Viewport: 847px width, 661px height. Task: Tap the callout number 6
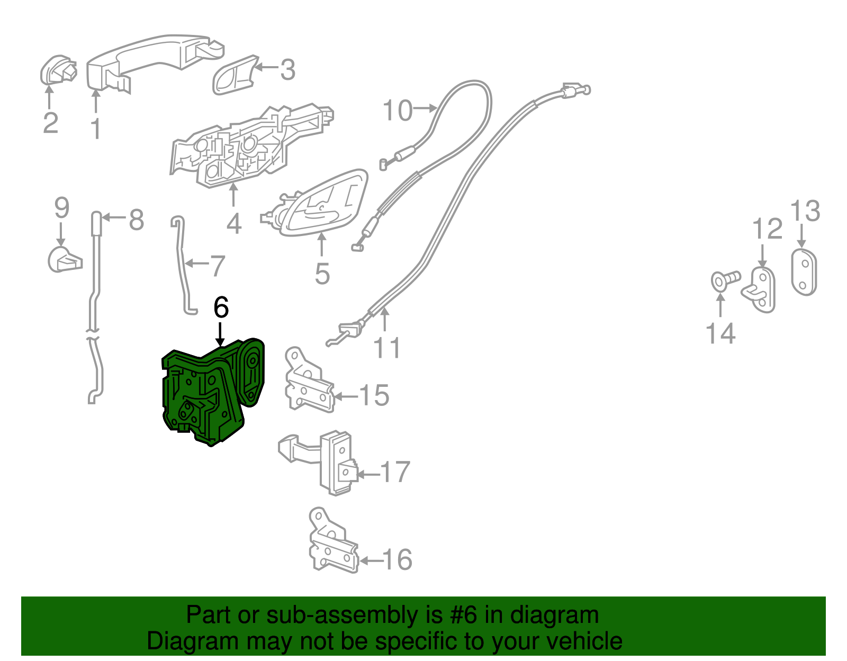(221, 307)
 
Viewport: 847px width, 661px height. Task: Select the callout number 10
(397, 111)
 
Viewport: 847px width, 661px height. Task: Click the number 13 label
(805, 211)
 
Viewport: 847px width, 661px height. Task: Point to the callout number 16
(397, 559)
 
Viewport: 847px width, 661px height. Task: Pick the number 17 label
(395, 472)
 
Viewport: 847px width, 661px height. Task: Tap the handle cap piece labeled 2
(57, 70)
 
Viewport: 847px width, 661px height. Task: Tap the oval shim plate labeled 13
(804, 272)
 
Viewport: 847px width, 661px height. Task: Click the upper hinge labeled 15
(307, 384)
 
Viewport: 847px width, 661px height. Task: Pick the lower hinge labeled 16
(331, 545)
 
